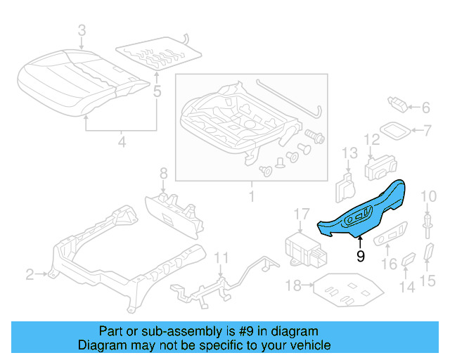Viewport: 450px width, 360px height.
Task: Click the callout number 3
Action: tap(82, 30)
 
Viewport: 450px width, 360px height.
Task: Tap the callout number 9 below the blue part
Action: tap(360, 257)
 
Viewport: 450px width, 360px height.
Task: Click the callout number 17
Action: tap(301, 214)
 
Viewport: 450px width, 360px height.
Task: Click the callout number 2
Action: tap(30, 274)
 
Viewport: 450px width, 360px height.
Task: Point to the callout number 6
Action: tap(425, 108)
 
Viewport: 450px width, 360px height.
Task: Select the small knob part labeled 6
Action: tap(398, 105)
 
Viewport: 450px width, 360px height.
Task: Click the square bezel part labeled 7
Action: tap(397, 131)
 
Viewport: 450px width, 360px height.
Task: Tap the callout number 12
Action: tap(371, 140)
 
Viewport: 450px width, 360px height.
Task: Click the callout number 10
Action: tap(427, 195)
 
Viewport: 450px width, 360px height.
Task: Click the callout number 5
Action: tap(156, 91)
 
